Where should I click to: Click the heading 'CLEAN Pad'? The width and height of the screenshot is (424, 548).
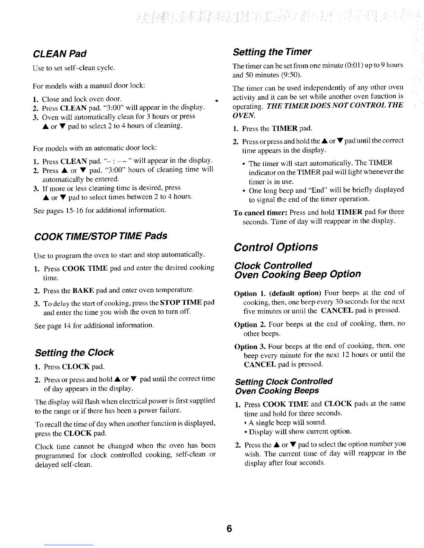[x=59, y=54]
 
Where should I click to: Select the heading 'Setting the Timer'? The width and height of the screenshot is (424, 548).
[x=272, y=52]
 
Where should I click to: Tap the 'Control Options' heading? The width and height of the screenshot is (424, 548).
[x=276, y=247]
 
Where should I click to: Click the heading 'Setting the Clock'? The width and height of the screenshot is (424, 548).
[x=74, y=353]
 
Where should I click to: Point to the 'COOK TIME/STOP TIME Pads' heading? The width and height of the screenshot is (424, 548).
[x=100, y=236]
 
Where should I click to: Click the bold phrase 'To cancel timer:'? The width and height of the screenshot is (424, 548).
[x=261, y=212]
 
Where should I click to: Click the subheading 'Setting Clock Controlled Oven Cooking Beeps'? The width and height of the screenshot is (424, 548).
[x=283, y=386]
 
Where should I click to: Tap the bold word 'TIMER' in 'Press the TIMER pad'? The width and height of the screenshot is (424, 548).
[x=284, y=129]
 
